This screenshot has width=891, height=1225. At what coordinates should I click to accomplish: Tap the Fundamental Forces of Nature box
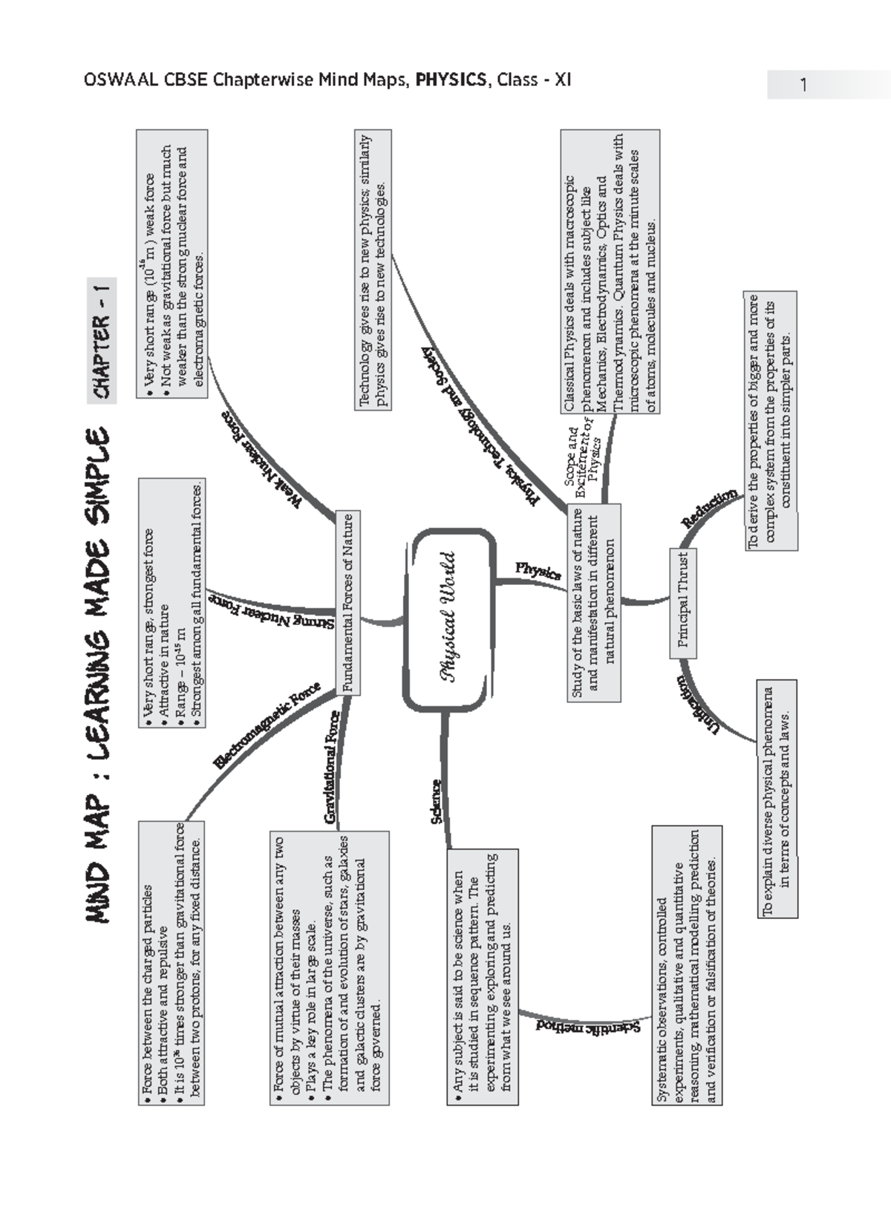coord(347,603)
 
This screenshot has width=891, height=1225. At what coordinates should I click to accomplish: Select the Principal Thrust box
coord(683,603)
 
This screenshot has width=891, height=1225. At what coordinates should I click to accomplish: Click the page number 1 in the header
coord(803,85)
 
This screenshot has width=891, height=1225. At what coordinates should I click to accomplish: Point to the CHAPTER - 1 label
coord(102,340)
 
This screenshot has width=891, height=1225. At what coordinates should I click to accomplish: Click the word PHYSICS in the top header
coord(451,79)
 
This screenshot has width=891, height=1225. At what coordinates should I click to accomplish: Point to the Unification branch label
coord(696,705)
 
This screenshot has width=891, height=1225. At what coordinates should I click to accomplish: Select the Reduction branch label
coord(709,509)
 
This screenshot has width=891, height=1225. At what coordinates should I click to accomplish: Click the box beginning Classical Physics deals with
coord(609,271)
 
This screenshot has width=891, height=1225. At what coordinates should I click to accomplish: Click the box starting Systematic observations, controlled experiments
coord(686,965)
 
